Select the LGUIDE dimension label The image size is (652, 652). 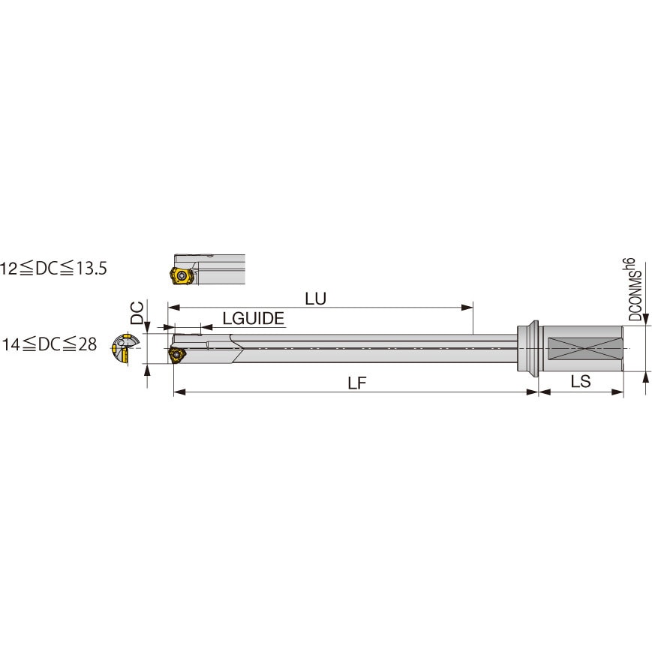coord(254,319)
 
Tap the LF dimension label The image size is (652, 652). coord(357,383)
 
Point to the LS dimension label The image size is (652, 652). coord(580,382)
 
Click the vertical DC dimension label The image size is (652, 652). coord(137,312)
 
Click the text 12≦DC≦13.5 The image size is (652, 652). coord(54,269)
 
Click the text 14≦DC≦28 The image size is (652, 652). coord(50,344)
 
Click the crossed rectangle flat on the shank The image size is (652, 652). coord(584,350)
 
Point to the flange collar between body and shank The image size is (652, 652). coord(528,349)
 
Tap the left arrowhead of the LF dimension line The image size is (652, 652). coord(178,392)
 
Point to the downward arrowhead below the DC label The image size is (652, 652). coord(148,327)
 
